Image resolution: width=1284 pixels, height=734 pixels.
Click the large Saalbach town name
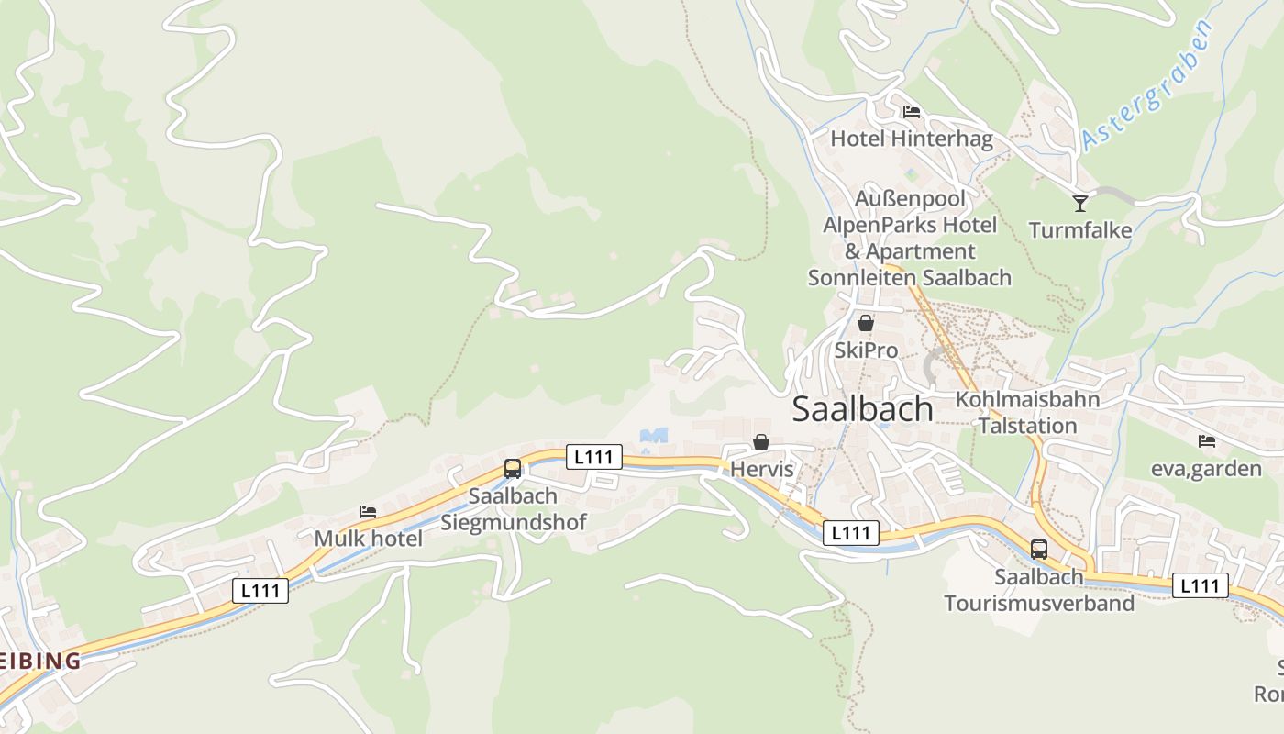coord(862,409)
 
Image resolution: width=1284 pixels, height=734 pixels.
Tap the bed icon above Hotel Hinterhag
coord(911,112)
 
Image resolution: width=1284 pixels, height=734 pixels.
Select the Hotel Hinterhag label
coord(911,139)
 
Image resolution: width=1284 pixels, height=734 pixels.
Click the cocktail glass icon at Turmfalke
coord(1080,203)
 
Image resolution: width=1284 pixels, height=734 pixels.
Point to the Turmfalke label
coord(1080,230)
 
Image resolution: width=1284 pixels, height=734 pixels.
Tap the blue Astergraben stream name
coord(1147,84)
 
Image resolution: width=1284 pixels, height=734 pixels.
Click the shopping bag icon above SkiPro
coord(865,323)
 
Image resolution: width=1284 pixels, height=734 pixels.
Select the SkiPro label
coord(865,350)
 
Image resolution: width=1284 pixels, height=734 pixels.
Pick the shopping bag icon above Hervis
coord(760,442)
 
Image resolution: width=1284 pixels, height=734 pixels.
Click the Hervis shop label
coord(760,469)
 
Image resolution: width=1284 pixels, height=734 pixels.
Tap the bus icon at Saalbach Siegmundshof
coord(513,469)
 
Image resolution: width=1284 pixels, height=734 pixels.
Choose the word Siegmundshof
coord(513,522)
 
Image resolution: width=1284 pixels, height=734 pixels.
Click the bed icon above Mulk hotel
coord(368,511)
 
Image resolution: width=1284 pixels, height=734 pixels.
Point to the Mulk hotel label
coord(368,539)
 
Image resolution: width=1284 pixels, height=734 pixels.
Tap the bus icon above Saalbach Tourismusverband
coord(1039,550)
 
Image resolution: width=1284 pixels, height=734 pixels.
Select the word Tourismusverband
coord(1039,603)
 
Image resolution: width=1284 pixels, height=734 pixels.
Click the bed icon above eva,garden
coord(1207,441)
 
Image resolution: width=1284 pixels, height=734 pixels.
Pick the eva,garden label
coord(1207,469)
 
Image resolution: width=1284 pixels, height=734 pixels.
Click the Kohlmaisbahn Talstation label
coord(1027,413)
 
